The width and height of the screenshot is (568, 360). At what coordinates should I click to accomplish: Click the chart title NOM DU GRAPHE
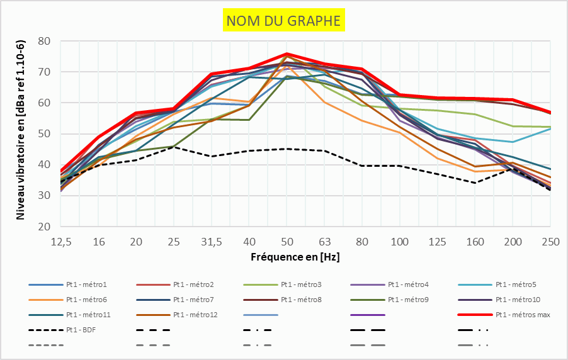click(x=283, y=21)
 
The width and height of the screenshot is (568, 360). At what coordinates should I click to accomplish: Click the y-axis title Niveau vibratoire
click(x=20, y=129)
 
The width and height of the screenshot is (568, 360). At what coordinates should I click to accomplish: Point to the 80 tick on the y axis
click(x=44, y=41)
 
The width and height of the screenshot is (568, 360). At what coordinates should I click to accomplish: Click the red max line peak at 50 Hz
click(x=287, y=54)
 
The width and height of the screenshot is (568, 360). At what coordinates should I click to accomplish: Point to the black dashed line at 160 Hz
click(x=475, y=183)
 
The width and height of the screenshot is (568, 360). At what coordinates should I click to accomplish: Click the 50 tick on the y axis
click(x=44, y=133)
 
